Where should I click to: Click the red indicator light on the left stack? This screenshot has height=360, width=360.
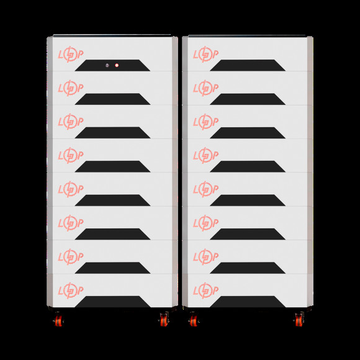[x=117, y=65]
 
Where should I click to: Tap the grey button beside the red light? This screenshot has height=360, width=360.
[x=107, y=65]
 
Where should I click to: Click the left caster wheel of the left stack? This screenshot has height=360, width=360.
[x=58, y=320]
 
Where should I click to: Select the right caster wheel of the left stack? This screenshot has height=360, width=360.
[x=164, y=320]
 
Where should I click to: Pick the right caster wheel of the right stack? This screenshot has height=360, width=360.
[x=299, y=320]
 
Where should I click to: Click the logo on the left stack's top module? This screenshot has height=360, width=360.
[x=71, y=55]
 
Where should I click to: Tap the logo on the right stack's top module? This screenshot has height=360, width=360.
[x=205, y=55]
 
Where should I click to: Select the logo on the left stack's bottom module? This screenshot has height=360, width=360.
[x=71, y=290]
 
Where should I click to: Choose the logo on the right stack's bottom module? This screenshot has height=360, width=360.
[x=205, y=290]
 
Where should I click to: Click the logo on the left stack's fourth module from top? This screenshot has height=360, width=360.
[x=71, y=156]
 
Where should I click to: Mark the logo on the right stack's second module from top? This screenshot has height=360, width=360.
[x=205, y=88]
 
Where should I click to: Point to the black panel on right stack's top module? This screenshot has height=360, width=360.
[x=248, y=65]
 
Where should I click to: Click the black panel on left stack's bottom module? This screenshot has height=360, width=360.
[x=112, y=302]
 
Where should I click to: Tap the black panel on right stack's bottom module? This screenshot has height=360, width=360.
[x=248, y=302]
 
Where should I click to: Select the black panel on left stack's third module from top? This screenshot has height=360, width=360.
[x=112, y=133]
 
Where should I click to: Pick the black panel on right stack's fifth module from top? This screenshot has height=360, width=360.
[x=248, y=200]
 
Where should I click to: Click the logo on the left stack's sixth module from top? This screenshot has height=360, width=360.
[x=71, y=223]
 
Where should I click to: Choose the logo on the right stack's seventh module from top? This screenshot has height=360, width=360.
[x=205, y=257]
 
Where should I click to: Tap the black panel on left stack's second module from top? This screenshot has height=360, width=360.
[x=112, y=99]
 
